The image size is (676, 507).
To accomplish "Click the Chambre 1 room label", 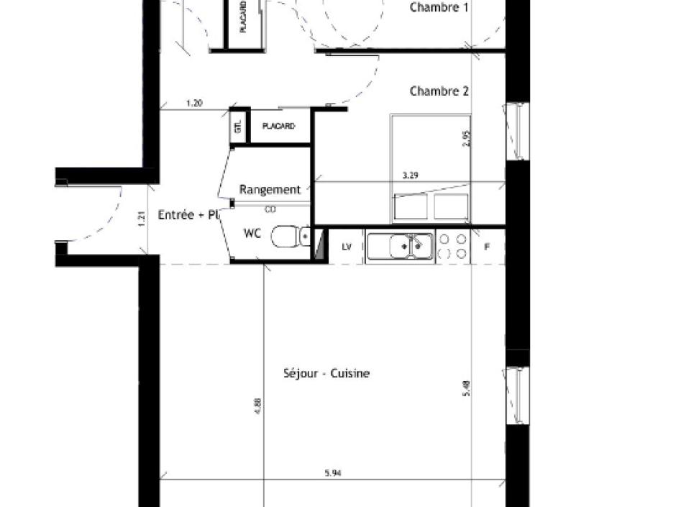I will [x=439, y=8].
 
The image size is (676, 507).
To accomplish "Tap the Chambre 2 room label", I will [x=439, y=91].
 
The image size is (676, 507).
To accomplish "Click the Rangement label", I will [x=270, y=190].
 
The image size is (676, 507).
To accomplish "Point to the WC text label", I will [x=252, y=234].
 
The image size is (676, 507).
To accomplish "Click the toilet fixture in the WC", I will [x=291, y=237].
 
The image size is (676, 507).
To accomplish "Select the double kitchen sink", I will [x=401, y=247].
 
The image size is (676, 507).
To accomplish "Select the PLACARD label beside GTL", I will [x=278, y=127].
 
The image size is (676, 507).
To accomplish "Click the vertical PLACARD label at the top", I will [x=243, y=17].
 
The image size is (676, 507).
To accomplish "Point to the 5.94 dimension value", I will [x=332, y=473].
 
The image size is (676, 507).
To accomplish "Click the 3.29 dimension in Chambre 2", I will [x=410, y=175].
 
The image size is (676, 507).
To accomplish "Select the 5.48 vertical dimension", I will [x=467, y=389].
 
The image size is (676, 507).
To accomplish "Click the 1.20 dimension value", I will [x=194, y=104].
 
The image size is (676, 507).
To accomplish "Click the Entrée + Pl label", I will [x=186, y=214].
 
